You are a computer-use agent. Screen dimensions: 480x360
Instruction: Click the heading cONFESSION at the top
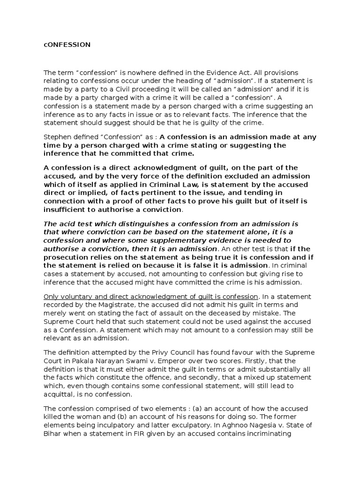tap(67, 45)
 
